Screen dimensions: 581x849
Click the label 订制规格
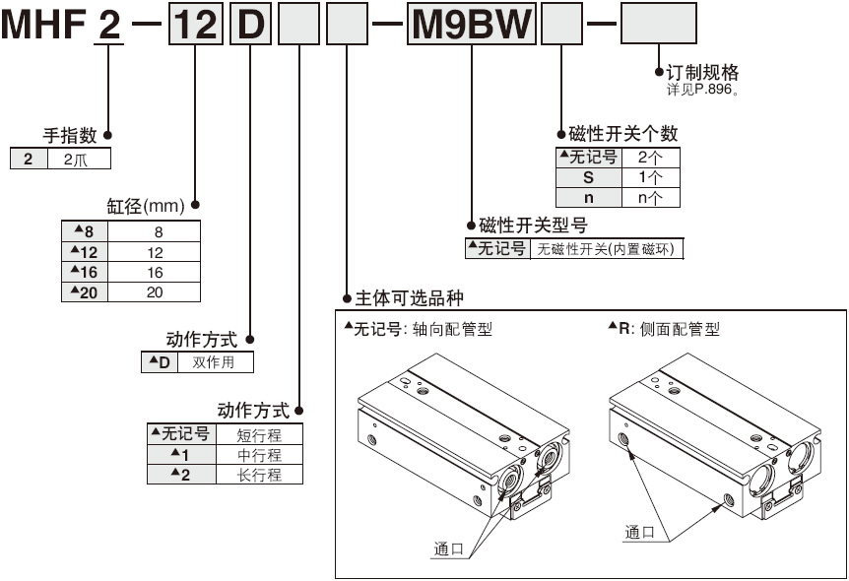click(x=702, y=73)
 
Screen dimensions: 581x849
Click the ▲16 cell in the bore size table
click(x=84, y=273)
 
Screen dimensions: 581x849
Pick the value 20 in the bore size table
click(x=155, y=291)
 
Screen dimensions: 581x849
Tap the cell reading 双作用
click(x=215, y=362)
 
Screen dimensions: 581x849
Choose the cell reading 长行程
click(x=259, y=474)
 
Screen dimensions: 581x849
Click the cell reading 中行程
click(x=259, y=454)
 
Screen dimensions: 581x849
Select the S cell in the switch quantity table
click(x=589, y=177)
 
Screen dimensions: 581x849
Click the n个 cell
click(x=650, y=197)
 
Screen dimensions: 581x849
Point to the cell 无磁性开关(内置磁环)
click(x=606, y=249)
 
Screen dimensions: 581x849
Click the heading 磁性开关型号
click(x=533, y=226)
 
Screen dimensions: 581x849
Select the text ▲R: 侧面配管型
click(x=664, y=329)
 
